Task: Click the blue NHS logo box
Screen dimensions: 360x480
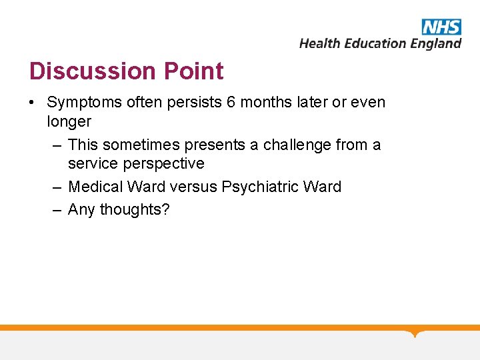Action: point(441,27)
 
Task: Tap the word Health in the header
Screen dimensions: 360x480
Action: point(320,43)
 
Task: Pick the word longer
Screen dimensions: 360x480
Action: point(69,121)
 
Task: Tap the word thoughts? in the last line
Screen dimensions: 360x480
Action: point(135,209)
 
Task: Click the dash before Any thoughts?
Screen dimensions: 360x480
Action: point(58,209)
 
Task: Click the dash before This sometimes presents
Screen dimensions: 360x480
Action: point(58,145)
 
